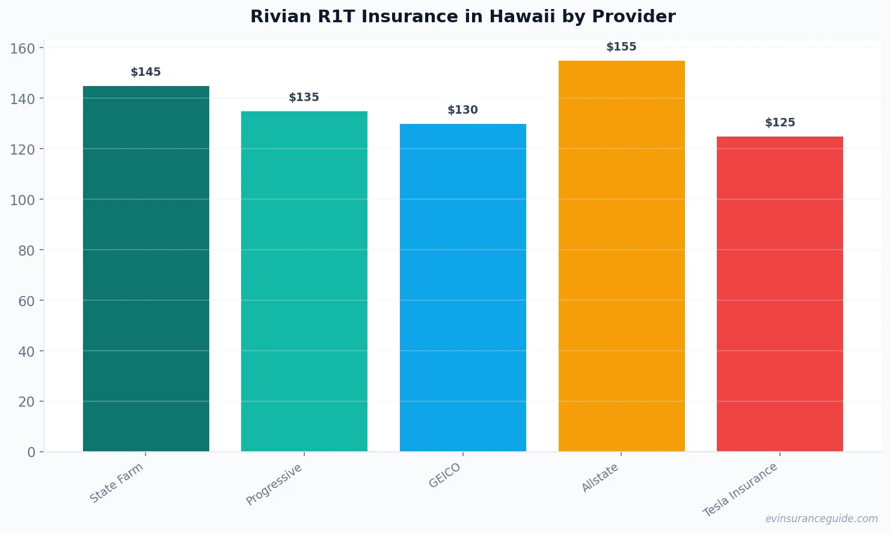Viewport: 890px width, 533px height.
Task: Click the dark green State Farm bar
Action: click(x=146, y=268)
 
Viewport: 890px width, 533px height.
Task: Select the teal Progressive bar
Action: click(x=304, y=281)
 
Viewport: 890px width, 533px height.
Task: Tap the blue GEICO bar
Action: click(x=463, y=288)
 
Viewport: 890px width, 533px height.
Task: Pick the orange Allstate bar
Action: click(x=621, y=256)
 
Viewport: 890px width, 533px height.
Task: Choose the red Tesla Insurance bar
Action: click(x=780, y=294)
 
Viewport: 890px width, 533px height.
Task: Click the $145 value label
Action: click(x=146, y=72)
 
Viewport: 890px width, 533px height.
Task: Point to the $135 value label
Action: click(x=304, y=97)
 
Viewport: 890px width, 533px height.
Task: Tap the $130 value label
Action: click(x=463, y=110)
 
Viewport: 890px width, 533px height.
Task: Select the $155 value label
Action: click(x=621, y=47)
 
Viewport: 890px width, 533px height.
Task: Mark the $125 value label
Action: click(x=780, y=123)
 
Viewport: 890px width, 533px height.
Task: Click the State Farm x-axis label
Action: click(x=117, y=482)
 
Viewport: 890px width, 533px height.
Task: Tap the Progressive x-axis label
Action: click(x=274, y=484)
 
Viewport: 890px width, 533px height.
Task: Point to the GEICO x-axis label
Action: click(x=445, y=475)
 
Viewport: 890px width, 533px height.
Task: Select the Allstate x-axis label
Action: click(x=600, y=478)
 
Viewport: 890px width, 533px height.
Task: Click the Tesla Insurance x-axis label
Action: click(x=741, y=490)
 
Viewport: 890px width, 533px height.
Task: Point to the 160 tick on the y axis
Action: click(x=22, y=48)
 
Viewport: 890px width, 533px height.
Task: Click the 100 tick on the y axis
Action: click(x=22, y=200)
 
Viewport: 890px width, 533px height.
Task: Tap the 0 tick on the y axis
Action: click(x=31, y=452)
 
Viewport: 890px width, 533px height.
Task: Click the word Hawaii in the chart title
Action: click(x=522, y=17)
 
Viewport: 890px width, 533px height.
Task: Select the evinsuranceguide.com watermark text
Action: click(x=821, y=519)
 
